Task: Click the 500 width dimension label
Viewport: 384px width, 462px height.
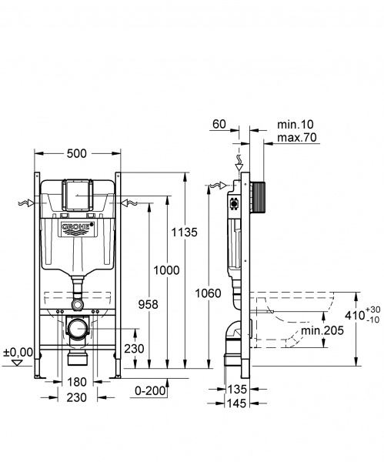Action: point(76,153)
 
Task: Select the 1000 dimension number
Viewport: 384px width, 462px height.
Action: point(167,269)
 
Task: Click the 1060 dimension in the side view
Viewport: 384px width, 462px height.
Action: point(209,293)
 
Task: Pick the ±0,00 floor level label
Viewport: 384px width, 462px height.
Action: point(18,352)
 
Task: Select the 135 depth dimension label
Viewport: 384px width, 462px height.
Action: point(237,389)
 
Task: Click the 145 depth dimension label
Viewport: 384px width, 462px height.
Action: point(237,404)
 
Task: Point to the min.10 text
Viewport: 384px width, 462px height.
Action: point(296,123)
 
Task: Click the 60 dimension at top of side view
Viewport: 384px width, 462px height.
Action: point(219,123)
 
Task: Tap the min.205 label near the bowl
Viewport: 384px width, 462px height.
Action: point(322,330)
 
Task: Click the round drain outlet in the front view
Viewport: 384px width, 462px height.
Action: point(77,330)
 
